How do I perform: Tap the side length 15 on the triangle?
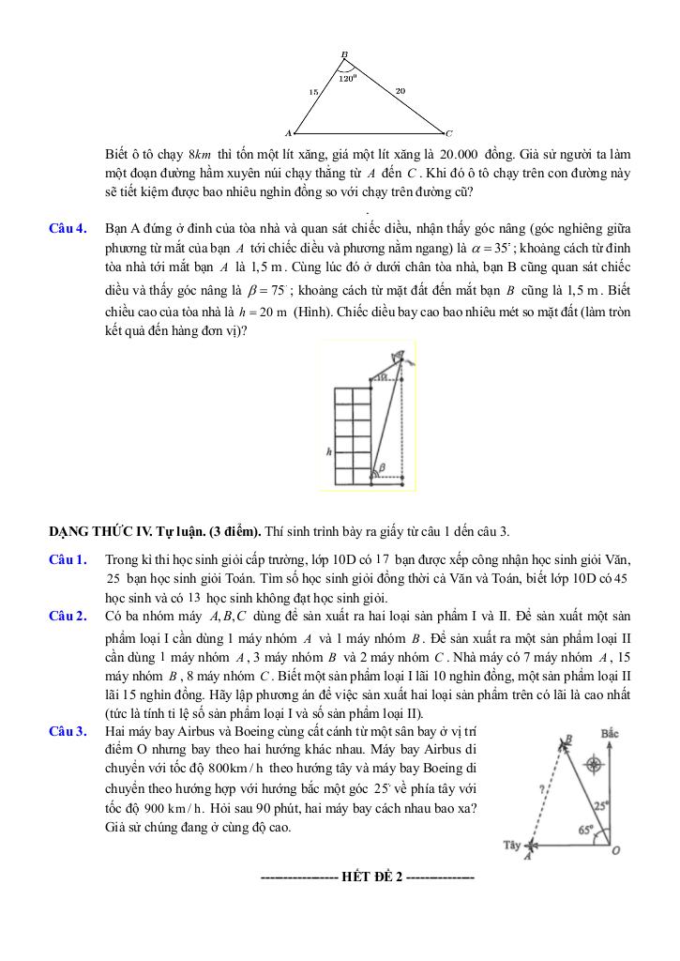tap(313, 92)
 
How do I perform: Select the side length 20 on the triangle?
tap(400, 90)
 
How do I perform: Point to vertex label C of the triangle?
tap(449, 132)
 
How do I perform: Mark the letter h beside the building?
tap(328, 451)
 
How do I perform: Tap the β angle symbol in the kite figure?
tap(380, 466)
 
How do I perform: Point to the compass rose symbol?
tap(593, 764)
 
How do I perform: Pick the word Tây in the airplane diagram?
tap(511, 845)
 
